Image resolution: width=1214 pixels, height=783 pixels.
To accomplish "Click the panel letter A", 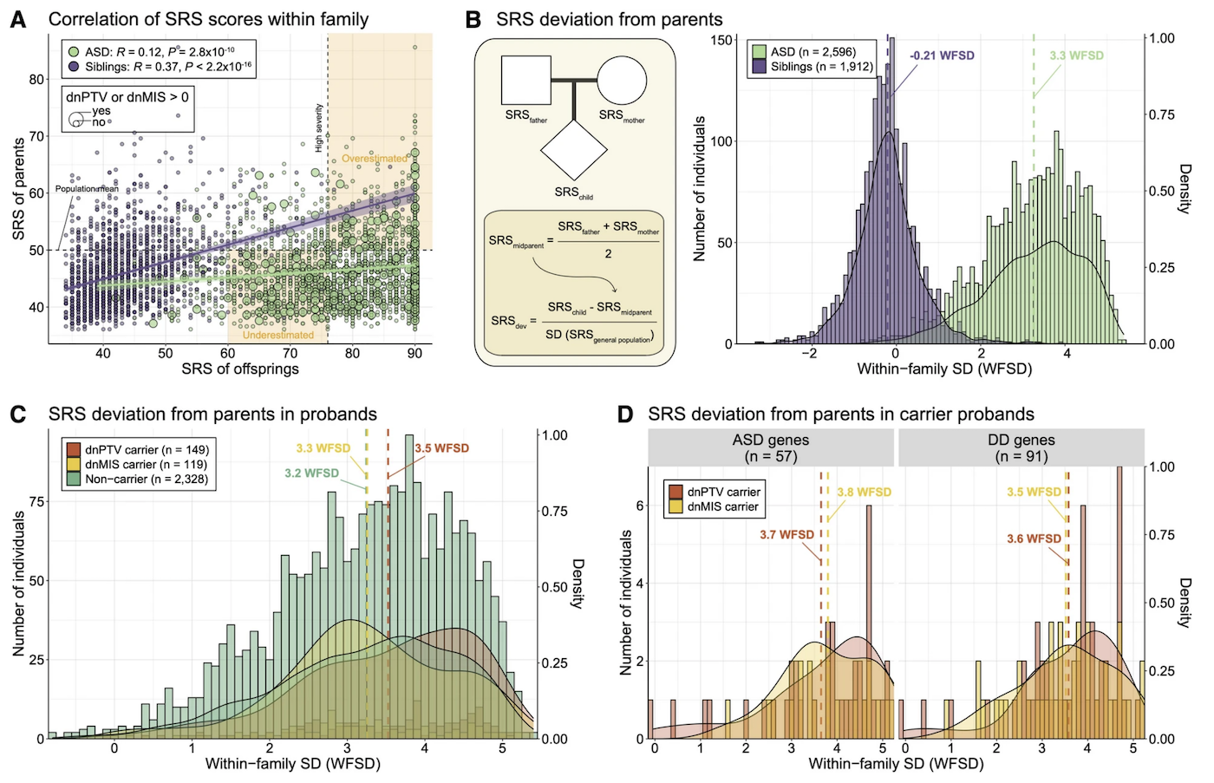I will pyautogui.click(x=18, y=19).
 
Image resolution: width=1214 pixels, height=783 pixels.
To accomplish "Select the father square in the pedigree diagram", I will pyautogui.click(x=526, y=81).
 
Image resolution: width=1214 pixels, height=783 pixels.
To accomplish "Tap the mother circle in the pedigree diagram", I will pyautogui.click(x=621, y=81).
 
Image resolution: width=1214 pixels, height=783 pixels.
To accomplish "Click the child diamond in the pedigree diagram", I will pyautogui.click(x=573, y=149).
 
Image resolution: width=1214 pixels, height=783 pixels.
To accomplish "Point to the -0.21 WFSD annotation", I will pyautogui.click(x=942, y=55).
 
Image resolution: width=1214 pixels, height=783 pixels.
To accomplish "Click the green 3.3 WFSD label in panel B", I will pyautogui.click(x=1076, y=55).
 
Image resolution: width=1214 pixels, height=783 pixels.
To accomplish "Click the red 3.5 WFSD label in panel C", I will pyautogui.click(x=441, y=448).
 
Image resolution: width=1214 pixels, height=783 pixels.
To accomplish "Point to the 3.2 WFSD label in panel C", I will pyautogui.click(x=311, y=473).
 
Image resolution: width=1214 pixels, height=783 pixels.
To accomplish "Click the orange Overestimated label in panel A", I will pyautogui.click(x=374, y=159).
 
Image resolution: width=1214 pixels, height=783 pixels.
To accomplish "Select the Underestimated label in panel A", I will pyautogui.click(x=277, y=335).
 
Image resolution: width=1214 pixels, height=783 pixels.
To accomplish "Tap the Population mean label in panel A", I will pyautogui.click(x=87, y=188).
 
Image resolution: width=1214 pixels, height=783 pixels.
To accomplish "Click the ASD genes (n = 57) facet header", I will pyautogui.click(x=770, y=447).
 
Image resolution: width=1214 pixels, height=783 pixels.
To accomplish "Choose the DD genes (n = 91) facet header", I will pyautogui.click(x=1021, y=447).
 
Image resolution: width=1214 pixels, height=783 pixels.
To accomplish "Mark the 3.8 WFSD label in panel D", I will pyautogui.click(x=864, y=492).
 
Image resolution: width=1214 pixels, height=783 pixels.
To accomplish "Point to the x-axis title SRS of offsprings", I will pyautogui.click(x=240, y=369).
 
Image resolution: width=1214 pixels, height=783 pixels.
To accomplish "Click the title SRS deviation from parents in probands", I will pyautogui.click(x=212, y=414).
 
